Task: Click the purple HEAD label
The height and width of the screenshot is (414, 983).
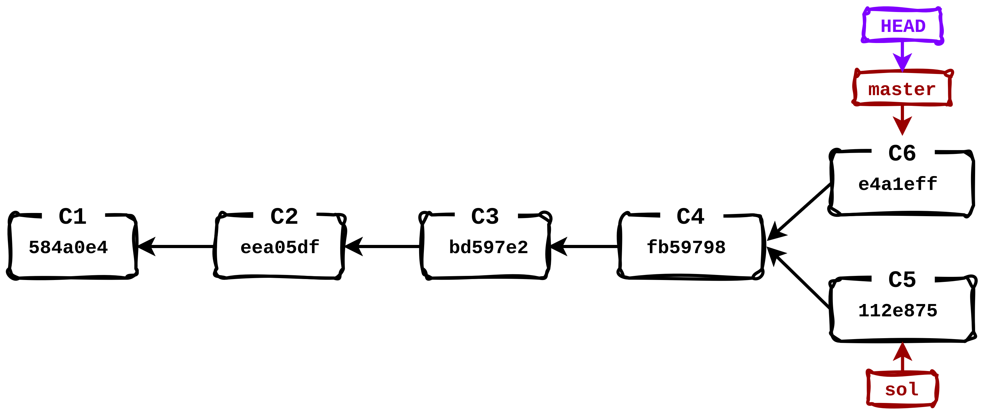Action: click(x=903, y=26)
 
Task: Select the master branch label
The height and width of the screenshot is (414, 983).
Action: click(x=902, y=89)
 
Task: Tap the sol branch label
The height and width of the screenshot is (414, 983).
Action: click(x=902, y=390)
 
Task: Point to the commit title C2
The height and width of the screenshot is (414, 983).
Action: click(x=284, y=216)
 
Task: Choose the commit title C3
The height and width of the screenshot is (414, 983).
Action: click(x=485, y=216)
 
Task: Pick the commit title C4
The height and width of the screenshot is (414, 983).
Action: click(x=690, y=216)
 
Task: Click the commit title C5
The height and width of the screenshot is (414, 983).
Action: click(x=902, y=280)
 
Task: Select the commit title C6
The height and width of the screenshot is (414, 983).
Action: click(x=902, y=153)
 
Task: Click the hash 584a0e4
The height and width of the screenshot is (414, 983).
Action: click(x=68, y=247)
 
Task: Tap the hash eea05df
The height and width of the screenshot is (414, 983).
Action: click(x=280, y=247)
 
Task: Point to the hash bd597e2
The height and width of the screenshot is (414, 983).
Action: click(x=488, y=247)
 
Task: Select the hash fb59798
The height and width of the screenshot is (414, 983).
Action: click(x=686, y=247)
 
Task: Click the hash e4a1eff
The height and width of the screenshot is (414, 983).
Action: click(x=898, y=184)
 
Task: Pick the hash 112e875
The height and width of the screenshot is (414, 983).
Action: click(x=898, y=311)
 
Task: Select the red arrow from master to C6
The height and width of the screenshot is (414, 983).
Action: click(x=902, y=119)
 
